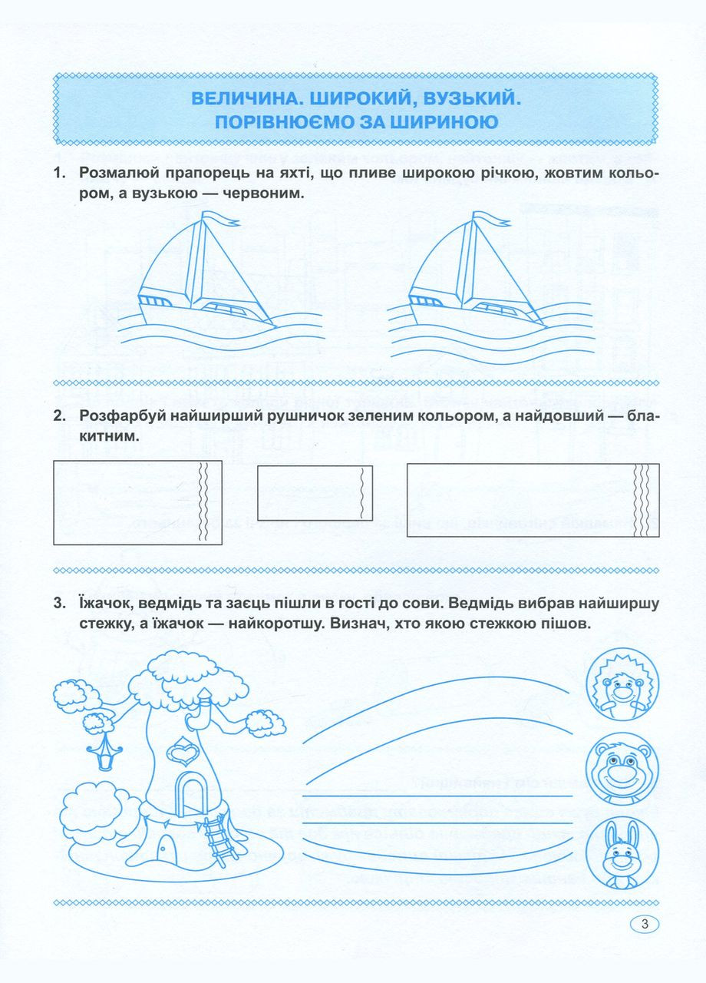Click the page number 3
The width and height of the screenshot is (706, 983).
click(x=645, y=925)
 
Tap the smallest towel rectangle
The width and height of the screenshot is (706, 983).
click(x=315, y=492)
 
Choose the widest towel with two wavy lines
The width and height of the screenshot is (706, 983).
click(x=137, y=502)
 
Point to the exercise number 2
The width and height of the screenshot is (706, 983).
click(x=58, y=416)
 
